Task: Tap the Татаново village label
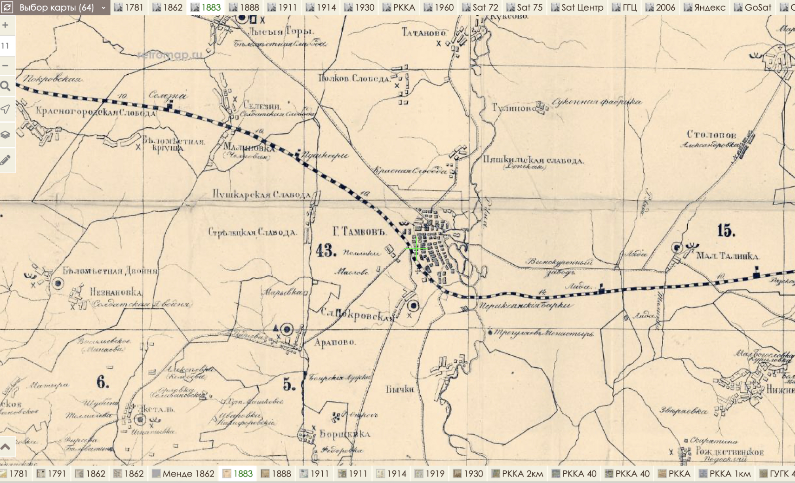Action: [424, 32]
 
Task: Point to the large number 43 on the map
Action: [326, 251]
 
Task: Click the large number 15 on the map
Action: [726, 230]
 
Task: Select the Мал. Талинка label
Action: [727, 256]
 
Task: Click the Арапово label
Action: [335, 342]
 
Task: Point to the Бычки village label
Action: [400, 389]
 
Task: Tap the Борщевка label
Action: [345, 434]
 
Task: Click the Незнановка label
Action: [116, 292]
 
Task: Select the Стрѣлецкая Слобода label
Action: [252, 232]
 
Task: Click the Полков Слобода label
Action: [354, 78]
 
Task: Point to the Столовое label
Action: [711, 135]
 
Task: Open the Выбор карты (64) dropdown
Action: [55, 7]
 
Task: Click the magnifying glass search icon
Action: [6, 86]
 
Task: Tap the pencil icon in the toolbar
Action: [6, 160]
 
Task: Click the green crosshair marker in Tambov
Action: [417, 249]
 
